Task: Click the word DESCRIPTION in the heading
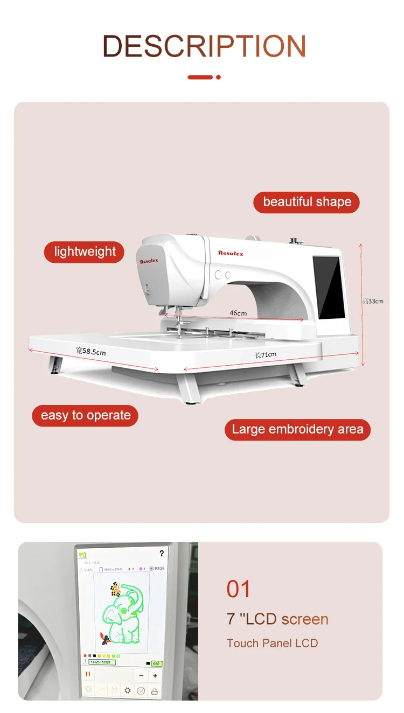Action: coord(204,46)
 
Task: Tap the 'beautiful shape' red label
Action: coord(307,202)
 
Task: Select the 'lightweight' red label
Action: coord(85,251)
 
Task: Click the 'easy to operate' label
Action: coord(86,415)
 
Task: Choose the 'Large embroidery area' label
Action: coord(297,429)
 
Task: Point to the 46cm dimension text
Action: coord(238,313)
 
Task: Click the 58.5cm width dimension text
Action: coord(90,352)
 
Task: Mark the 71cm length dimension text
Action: coord(266,354)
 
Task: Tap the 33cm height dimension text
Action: coord(373,301)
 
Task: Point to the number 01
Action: coord(239,589)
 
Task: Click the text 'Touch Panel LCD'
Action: coord(272,643)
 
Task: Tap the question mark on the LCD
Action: coord(161,553)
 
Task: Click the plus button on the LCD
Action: coord(155,675)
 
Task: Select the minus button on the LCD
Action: coord(141,675)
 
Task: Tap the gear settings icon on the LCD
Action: coord(128,690)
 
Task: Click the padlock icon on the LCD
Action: coord(155,690)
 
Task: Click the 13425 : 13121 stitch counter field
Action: coord(101,662)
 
